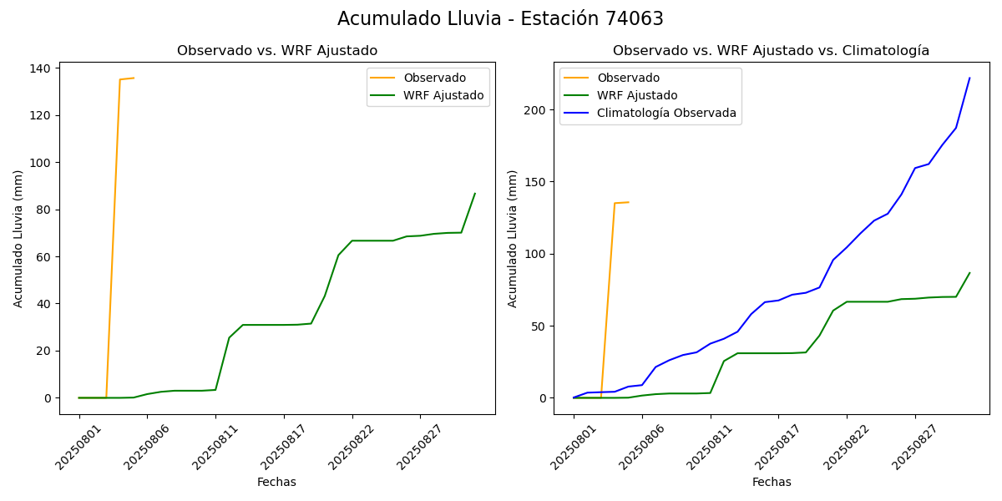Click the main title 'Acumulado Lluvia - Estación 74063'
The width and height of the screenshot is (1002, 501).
click(500, 19)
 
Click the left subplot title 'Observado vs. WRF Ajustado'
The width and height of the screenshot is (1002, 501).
click(276, 51)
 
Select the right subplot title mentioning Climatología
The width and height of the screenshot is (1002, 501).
click(771, 51)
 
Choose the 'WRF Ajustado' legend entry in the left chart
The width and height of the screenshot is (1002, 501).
click(443, 95)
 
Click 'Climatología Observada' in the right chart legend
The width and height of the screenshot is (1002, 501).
click(666, 114)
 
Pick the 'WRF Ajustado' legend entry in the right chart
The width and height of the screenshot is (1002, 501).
click(637, 95)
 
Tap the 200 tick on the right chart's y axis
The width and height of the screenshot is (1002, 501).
click(536, 110)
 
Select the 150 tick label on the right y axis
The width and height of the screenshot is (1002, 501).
click(536, 182)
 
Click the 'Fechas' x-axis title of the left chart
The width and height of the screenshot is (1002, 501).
click(276, 482)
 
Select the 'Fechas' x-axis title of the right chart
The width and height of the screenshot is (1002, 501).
click(772, 482)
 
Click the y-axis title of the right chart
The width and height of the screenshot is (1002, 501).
click(513, 238)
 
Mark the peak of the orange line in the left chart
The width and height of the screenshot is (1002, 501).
click(134, 78)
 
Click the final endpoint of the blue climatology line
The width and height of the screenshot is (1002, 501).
click(969, 78)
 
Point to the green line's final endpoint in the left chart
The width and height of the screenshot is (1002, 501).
click(475, 194)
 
